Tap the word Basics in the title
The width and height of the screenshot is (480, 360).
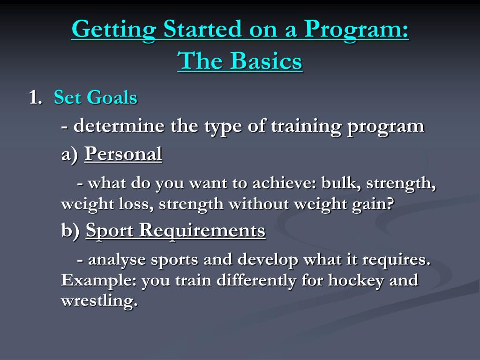(x=266, y=60)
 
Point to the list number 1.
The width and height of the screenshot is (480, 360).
(x=35, y=97)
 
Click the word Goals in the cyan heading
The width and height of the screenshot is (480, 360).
(x=112, y=97)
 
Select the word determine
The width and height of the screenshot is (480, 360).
(x=119, y=125)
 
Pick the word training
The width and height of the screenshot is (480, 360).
(x=306, y=127)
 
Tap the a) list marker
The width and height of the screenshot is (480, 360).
(x=70, y=154)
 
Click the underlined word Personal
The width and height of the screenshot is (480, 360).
(x=123, y=153)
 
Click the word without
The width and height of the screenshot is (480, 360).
(x=258, y=203)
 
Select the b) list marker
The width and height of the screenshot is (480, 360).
(x=70, y=230)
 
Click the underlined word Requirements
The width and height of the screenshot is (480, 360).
(x=202, y=230)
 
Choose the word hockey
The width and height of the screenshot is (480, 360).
(x=356, y=281)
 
